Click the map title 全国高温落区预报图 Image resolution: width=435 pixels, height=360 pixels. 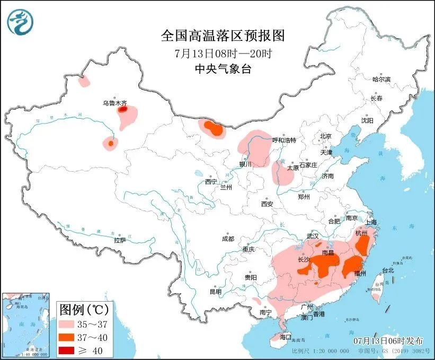click(223, 36)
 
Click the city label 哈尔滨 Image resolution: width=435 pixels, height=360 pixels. click(380, 79)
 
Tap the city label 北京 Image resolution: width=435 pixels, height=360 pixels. click(325, 136)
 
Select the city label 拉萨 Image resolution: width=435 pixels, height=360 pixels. click(120, 240)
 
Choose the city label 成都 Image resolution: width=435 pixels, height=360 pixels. click(228, 239)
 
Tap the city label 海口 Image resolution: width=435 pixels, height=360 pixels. click(286, 337)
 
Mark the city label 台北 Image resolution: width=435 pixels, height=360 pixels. click(388, 270)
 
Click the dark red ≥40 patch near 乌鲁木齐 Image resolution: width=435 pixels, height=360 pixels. click(122, 110)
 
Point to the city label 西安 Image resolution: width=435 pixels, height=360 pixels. click(267, 204)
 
